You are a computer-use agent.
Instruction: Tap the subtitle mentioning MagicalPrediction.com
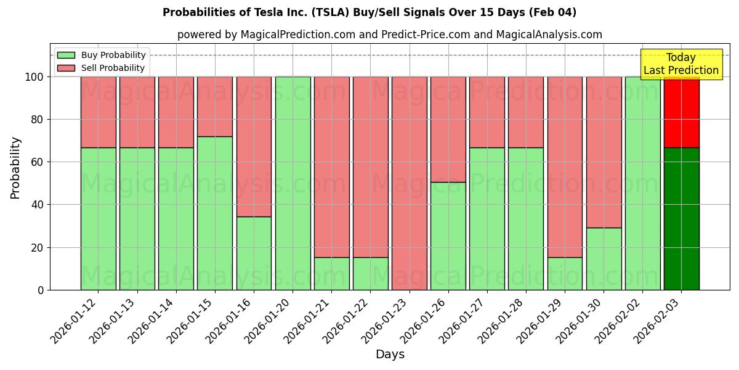click(389, 35)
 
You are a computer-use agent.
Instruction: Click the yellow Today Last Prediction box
click(680, 64)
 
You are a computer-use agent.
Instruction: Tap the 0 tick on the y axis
click(41, 290)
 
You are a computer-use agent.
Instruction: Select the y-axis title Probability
click(15, 168)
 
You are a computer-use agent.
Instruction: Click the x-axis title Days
click(390, 355)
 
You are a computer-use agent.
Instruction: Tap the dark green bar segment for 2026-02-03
click(681, 219)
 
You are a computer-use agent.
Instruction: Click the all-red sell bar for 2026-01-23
click(409, 183)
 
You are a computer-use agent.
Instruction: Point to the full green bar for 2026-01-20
click(293, 183)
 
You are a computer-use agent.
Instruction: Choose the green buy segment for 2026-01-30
click(604, 259)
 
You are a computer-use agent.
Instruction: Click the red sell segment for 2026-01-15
click(215, 106)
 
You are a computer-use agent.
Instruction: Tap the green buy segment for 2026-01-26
click(448, 236)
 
